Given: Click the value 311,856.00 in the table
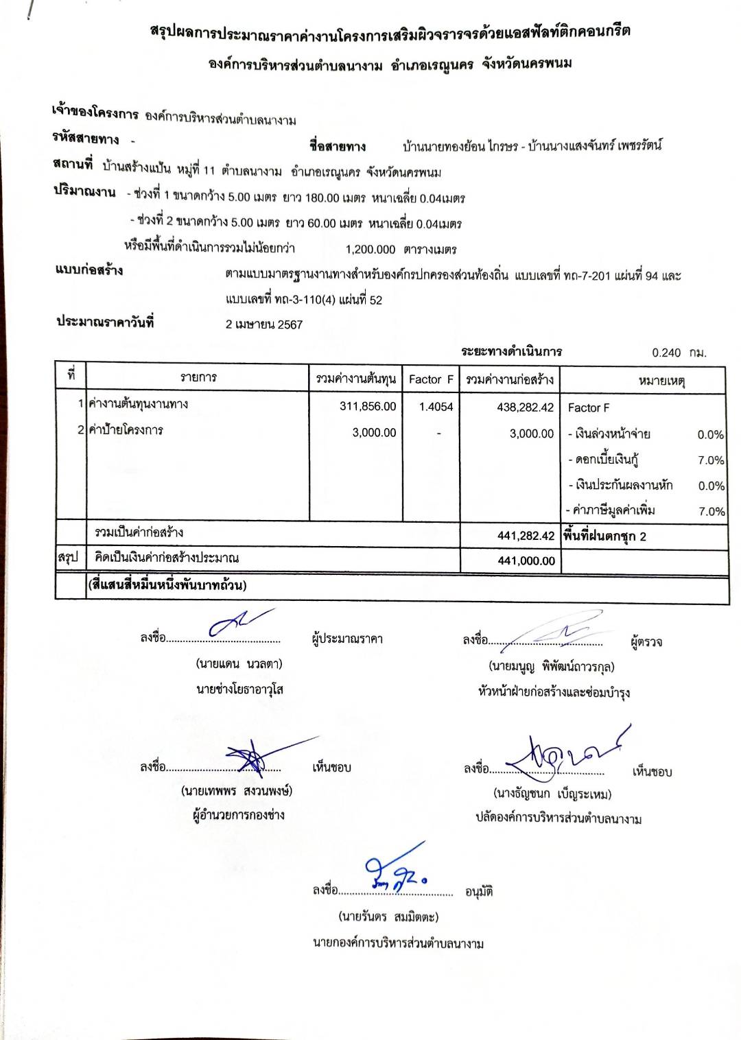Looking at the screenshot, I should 368,406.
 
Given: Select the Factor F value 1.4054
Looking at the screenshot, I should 436,407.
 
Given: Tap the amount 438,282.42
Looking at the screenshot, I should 525,407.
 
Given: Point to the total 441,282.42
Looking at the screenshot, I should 526,536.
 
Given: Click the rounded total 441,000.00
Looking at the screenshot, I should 526,560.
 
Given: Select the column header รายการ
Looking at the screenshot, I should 198,377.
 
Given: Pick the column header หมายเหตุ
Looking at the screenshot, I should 661,380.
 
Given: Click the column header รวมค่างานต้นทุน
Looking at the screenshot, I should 355,379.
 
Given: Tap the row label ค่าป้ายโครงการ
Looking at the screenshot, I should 126,430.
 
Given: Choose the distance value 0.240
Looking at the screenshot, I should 666,353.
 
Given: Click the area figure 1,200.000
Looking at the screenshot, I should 370,250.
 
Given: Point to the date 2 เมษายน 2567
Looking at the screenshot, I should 264,324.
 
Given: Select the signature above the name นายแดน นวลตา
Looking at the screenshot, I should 237,622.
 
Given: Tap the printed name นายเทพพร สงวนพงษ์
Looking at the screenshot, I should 237,791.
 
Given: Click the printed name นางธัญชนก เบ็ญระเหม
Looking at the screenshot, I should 552,794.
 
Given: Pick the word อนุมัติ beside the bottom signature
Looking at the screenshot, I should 479,892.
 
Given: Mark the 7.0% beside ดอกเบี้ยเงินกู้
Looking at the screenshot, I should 711,460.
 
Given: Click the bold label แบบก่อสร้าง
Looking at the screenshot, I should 89,270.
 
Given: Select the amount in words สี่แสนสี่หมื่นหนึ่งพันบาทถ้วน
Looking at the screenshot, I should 167,585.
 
